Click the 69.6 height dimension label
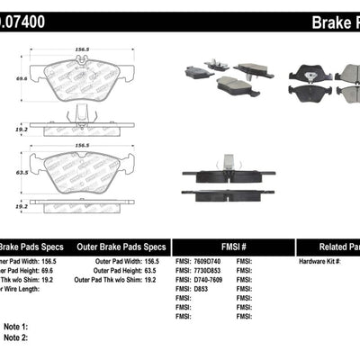[x=9, y=78]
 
